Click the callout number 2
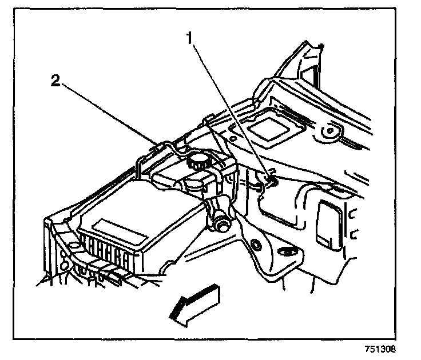(55, 81)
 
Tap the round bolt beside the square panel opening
(329, 131)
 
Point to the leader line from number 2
(109, 111)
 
